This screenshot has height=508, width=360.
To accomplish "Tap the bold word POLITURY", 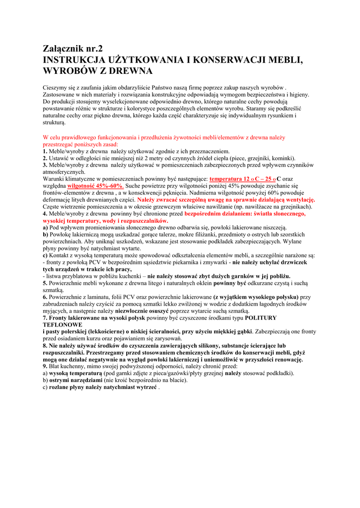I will (261, 317).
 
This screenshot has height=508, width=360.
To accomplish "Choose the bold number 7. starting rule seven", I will (45, 317).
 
